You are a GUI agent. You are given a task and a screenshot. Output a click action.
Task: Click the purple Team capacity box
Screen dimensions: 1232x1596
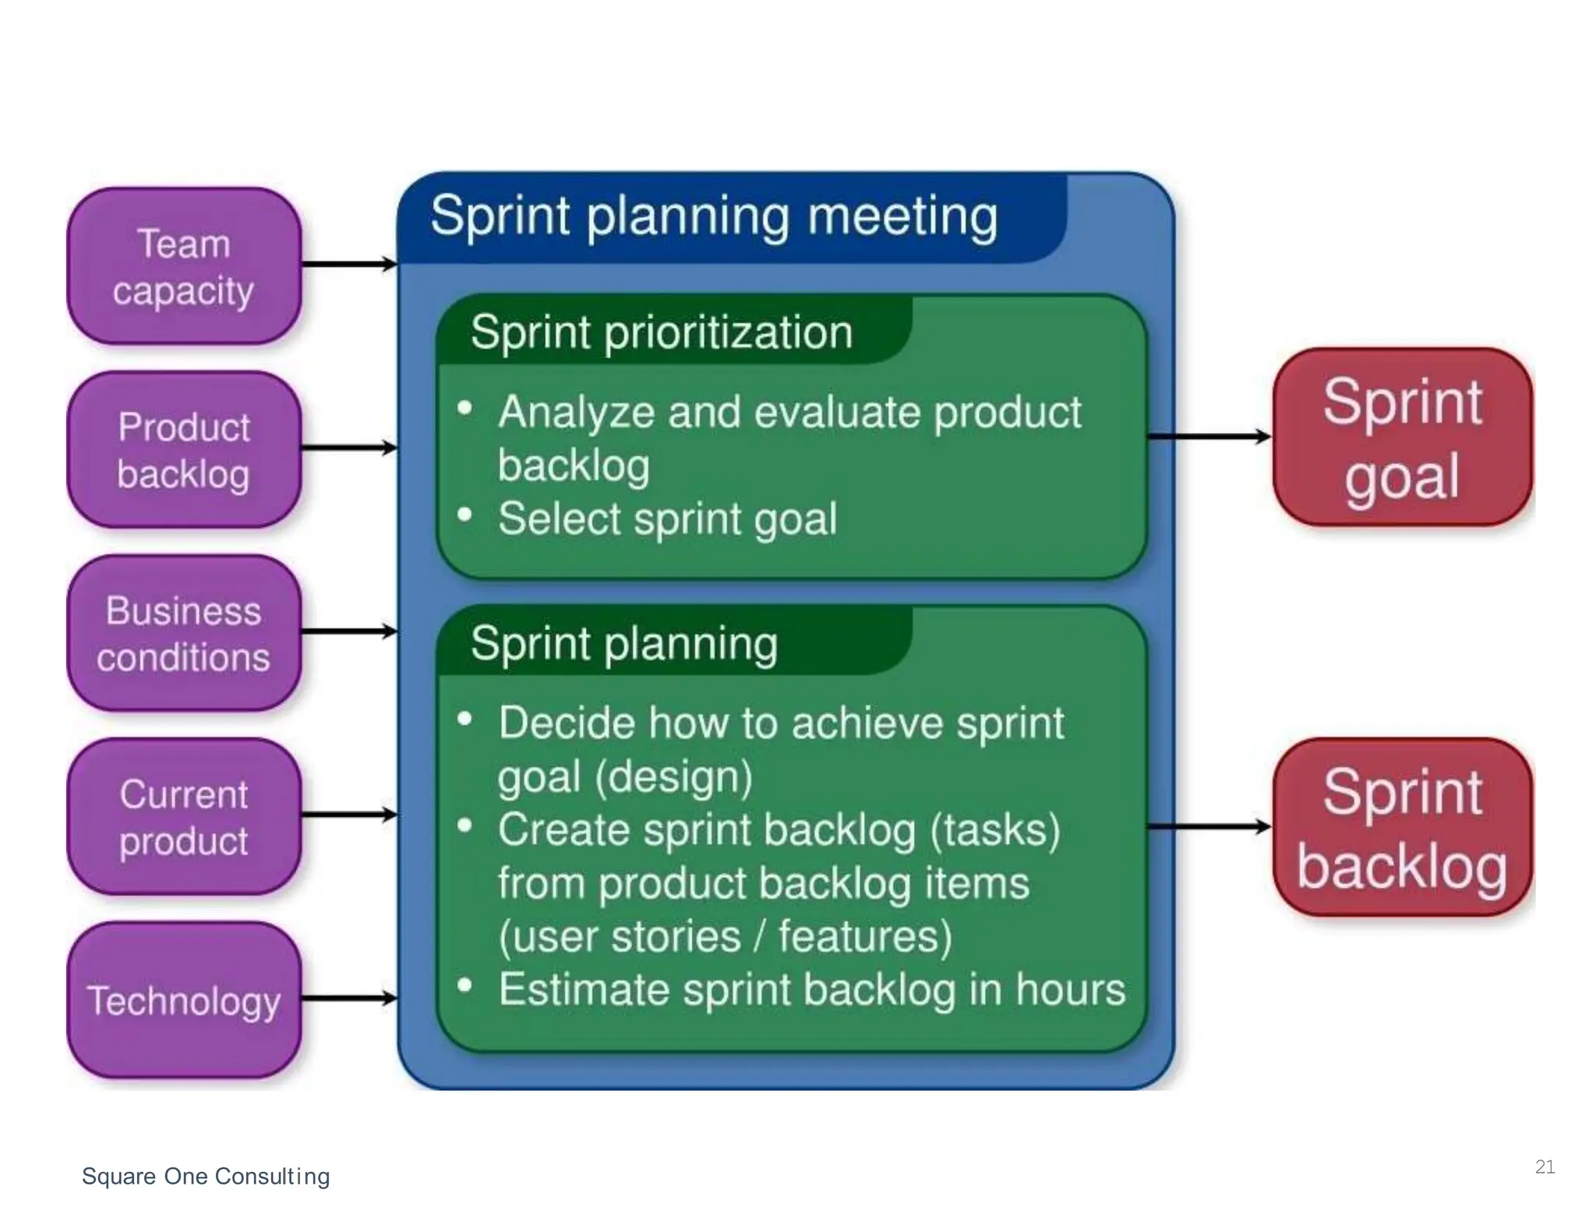(x=184, y=266)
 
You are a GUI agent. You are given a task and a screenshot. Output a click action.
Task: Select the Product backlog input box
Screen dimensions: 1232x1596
(x=184, y=450)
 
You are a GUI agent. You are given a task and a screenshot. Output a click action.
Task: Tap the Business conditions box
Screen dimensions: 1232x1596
(x=184, y=633)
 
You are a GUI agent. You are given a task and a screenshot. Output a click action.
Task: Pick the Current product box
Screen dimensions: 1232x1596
(x=184, y=817)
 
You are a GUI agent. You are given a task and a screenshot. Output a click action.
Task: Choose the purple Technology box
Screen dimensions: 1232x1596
(x=184, y=1000)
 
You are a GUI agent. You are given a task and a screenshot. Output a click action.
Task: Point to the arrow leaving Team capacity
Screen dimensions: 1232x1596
(x=348, y=265)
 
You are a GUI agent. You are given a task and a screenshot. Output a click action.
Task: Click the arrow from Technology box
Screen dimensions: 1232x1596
(x=348, y=998)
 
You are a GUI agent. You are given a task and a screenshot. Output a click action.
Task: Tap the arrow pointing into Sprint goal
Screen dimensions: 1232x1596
(x=1209, y=437)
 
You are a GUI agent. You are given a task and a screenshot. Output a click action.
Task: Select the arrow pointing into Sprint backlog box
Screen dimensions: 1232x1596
(x=1209, y=827)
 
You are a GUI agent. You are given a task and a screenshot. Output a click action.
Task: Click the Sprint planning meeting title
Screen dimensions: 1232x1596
(x=713, y=216)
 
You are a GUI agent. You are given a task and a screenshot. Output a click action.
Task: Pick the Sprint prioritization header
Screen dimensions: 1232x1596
(x=662, y=333)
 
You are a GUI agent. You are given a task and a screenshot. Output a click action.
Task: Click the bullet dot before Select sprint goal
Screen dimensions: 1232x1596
(x=465, y=515)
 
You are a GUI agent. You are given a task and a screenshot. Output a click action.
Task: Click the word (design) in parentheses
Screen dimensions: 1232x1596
(x=673, y=777)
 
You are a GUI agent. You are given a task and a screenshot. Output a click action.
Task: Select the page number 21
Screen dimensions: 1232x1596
(x=1545, y=1167)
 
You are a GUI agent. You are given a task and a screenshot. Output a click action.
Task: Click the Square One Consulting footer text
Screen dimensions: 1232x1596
(x=206, y=1176)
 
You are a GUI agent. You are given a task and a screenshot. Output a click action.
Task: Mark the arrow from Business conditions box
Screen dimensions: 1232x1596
(x=348, y=632)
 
